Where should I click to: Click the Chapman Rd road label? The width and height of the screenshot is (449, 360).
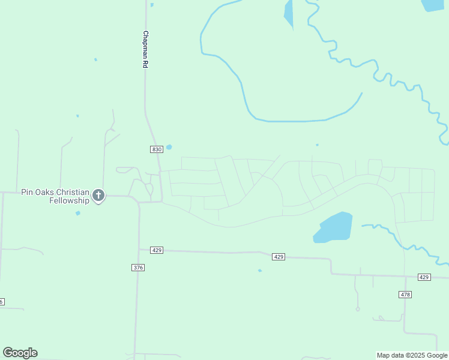(x=145, y=49)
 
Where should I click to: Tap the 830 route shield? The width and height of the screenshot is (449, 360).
(x=157, y=149)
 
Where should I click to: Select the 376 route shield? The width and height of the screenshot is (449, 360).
(x=138, y=268)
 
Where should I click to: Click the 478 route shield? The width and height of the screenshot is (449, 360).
(x=405, y=294)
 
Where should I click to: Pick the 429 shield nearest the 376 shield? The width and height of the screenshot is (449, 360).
(x=157, y=250)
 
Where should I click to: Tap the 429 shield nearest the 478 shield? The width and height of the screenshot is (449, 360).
(x=424, y=277)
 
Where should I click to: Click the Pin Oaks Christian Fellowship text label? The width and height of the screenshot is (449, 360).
(x=55, y=196)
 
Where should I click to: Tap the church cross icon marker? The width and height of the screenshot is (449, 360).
(x=98, y=195)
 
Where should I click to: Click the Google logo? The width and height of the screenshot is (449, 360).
(x=20, y=353)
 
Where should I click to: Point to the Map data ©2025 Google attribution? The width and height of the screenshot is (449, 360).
(x=412, y=355)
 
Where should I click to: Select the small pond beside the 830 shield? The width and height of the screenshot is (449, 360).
(x=169, y=147)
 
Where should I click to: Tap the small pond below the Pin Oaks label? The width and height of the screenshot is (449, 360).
(x=77, y=213)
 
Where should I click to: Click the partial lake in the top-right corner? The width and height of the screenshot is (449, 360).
(x=432, y=5)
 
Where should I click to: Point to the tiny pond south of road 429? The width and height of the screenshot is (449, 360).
(x=260, y=271)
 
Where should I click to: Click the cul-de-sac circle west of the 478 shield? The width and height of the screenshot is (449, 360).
(x=358, y=309)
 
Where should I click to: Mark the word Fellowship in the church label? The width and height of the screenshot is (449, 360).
(x=69, y=200)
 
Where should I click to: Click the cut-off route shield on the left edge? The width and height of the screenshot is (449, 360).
(x=2, y=301)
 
